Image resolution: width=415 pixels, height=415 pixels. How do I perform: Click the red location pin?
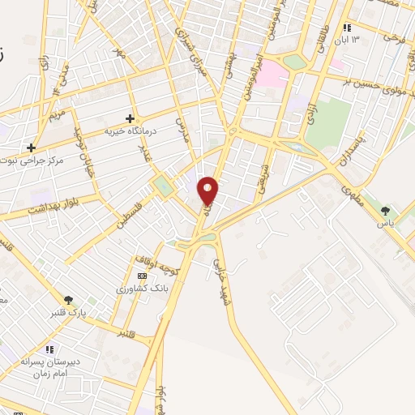coord(208,190)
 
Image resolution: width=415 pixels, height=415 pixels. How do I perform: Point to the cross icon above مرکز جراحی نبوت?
coord(31,148)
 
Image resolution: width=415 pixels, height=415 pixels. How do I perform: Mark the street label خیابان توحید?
coord(85,151)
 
